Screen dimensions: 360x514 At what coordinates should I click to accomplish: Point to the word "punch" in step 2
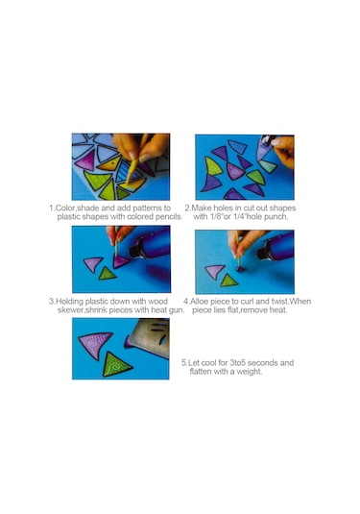point(276,217)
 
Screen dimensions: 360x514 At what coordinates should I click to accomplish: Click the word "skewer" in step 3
point(70,310)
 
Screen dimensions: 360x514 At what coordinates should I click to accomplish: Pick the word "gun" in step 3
point(177,310)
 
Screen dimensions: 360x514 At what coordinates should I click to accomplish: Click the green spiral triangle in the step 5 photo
point(116,365)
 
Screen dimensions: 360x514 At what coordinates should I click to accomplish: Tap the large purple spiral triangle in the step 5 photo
point(95,345)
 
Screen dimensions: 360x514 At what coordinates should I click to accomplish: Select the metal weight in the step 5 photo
point(149,335)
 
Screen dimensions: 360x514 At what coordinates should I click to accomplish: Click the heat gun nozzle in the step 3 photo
point(137,249)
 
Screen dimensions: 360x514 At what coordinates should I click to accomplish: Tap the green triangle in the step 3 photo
point(108,274)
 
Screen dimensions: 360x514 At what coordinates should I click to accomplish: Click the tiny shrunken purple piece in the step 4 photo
point(240,269)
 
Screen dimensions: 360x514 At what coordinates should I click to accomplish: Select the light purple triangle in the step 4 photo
point(215,272)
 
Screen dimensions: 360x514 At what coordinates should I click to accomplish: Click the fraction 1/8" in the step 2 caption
point(216,217)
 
